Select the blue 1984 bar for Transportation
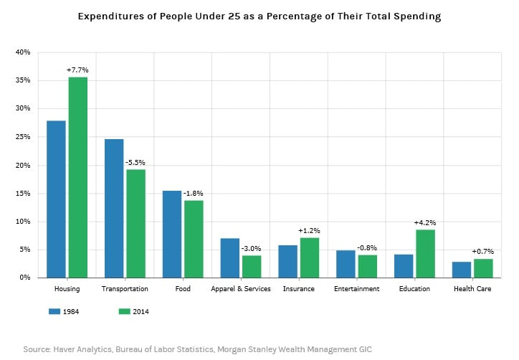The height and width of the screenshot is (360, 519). [x=114, y=208]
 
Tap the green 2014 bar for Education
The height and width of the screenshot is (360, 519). [x=425, y=253]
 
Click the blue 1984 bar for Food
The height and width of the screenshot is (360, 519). [x=172, y=234]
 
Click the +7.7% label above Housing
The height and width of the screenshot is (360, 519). [x=77, y=70]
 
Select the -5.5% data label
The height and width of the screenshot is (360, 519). [x=135, y=163]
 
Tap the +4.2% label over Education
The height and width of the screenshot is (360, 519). [x=425, y=222]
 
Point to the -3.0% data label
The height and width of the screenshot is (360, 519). [x=251, y=248]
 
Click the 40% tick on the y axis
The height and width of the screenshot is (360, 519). [x=22, y=52]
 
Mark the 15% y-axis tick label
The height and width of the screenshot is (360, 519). [x=22, y=193]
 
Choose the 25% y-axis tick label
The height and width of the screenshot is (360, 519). [x=22, y=137]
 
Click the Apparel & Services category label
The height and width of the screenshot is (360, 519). [x=241, y=289]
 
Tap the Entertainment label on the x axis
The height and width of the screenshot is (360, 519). [x=357, y=289]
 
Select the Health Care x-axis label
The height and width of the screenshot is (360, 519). [x=472, y=289]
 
